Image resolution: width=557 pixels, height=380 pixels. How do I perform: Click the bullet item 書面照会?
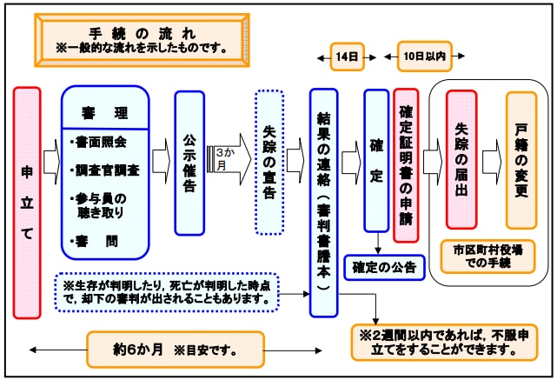[x=100, y=140]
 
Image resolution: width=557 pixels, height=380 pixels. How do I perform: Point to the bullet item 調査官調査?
[x=105, y=170]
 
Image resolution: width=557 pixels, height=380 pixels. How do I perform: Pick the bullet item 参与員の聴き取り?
[x=103, y=205]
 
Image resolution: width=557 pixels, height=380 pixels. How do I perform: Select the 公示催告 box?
[x=189, y=163]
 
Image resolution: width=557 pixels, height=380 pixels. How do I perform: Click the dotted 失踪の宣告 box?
[x=269, y=163]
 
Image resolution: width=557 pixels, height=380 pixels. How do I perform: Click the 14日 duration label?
[x=347, y=57]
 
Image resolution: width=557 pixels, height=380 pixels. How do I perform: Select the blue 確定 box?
[x=376, y=161]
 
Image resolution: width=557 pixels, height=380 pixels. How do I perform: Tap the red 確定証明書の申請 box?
[x=406, y=165]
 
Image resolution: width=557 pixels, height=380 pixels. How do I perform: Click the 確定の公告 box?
[x=385, y=266]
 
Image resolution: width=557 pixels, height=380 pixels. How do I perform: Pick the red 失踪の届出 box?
[x=461, y=159]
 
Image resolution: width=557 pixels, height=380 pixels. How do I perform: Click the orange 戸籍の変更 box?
[x=521, y=159]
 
